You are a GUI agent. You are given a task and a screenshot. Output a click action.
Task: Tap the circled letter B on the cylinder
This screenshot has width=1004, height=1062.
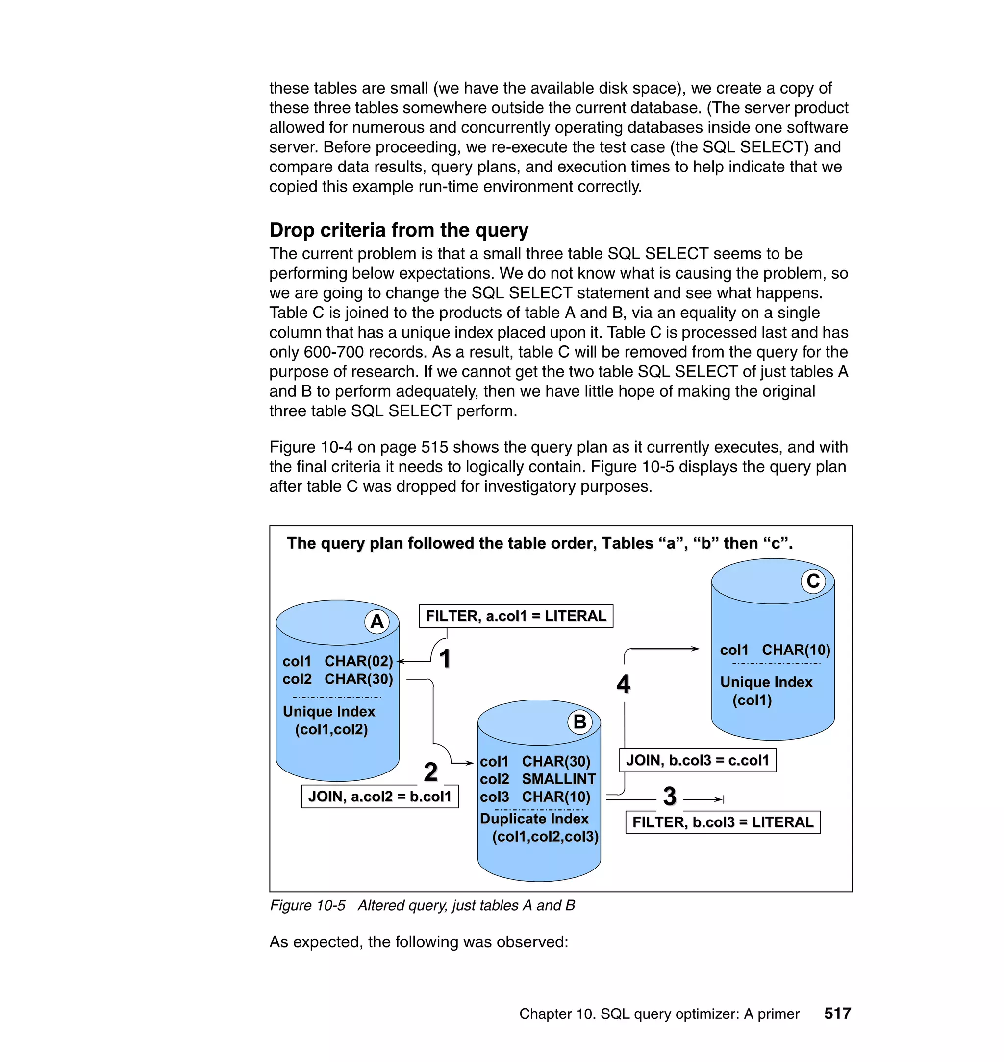579,722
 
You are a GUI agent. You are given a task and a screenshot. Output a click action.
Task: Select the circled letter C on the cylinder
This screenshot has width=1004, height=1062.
813,581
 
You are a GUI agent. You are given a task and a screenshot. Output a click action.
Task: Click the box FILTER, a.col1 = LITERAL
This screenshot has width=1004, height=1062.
515,616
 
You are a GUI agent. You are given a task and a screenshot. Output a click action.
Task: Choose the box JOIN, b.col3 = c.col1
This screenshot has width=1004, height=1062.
697,760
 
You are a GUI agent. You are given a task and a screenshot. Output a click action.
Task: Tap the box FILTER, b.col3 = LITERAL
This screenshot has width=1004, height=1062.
723,822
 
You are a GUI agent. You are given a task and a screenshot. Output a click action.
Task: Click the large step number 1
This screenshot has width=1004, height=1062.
445,658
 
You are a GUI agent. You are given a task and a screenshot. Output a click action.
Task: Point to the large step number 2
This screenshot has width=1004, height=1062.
431,772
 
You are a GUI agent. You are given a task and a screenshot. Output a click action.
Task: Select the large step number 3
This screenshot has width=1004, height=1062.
670,796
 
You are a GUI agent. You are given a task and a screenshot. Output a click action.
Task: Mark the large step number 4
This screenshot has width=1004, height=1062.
624,684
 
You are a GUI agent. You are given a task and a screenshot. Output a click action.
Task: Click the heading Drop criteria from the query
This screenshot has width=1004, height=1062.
399,230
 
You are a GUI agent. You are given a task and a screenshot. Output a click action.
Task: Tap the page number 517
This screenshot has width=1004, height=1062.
837,1014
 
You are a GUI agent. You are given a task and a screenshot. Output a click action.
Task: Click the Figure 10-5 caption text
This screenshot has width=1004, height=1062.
422,905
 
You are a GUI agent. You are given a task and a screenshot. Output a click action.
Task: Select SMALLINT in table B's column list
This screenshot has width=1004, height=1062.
558,779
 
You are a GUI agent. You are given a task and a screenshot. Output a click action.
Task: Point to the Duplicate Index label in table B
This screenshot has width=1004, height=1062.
534,819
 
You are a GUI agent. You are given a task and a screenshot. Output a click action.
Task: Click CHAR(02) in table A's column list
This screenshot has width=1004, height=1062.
358,661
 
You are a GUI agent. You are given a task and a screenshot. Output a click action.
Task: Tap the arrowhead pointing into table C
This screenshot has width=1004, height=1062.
695,649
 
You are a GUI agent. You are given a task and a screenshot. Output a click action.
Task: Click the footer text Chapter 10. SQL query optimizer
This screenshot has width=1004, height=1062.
659,1014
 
